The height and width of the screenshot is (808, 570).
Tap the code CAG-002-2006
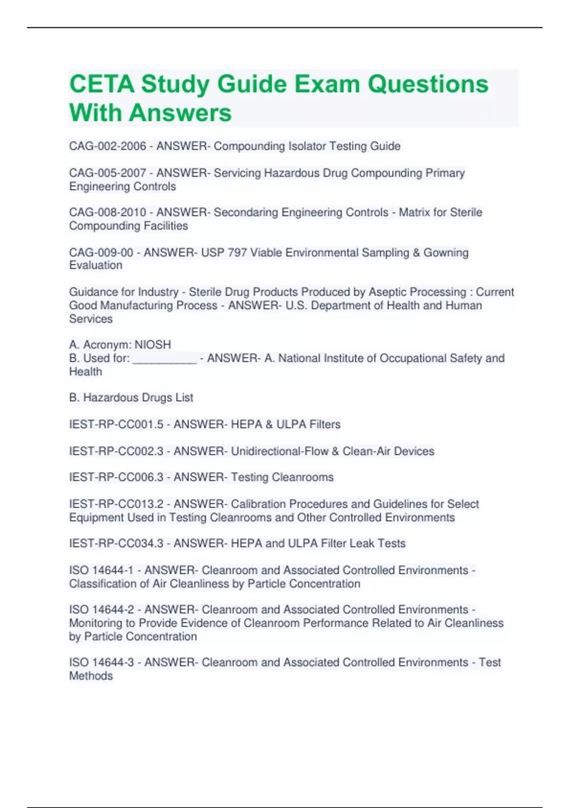point(107,146)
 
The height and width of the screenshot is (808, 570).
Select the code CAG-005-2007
point(107,173)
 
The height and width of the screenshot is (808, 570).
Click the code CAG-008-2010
point(107,212)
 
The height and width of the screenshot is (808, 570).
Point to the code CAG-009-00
point(101,252)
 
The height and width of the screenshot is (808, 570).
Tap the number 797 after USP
point(237,252)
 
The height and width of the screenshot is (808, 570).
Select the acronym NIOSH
point(152,345)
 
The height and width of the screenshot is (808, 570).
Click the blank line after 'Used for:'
point(164,358)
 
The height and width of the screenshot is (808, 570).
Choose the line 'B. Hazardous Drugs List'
point(131,397)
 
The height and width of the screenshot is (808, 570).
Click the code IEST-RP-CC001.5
point(116,424)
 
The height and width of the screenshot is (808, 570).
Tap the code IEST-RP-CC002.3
point(116,451)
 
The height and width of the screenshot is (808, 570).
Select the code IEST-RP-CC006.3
point(116,477)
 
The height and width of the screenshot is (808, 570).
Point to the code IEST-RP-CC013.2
point(116,504)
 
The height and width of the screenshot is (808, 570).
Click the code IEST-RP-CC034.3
point(116,543)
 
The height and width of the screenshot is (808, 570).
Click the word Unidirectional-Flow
point(279,451)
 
